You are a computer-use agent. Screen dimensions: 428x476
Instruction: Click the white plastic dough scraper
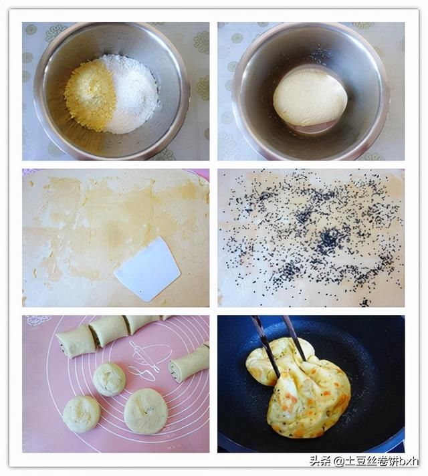(x=147, y=269)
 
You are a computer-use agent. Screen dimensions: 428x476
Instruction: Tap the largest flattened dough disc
(x=146, y=411)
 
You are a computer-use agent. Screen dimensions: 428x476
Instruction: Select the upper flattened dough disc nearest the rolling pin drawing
(x=110, y=379)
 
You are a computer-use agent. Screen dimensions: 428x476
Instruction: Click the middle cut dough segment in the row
(x=108, y=331)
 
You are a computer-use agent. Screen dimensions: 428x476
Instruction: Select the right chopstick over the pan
(x=294, y=338)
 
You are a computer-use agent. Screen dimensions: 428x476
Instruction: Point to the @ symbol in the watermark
(x=338, y=461)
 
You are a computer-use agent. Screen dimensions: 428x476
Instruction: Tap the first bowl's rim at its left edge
(x=37, y=91)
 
